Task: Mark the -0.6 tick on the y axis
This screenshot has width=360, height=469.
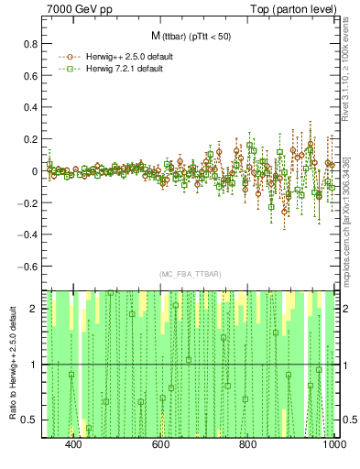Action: point(26,267)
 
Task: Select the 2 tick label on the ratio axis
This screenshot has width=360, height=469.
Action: point(33,309)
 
